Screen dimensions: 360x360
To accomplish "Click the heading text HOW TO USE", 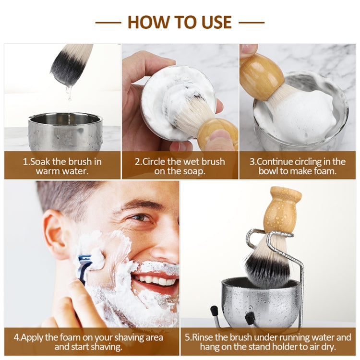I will [180, 22].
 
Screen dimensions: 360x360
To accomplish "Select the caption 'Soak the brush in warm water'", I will [62, 166].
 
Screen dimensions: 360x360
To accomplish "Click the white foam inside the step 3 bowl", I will [298, 115].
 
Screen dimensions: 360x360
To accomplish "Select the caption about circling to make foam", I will [298, 166].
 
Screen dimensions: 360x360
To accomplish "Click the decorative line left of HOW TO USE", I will [108, 22].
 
